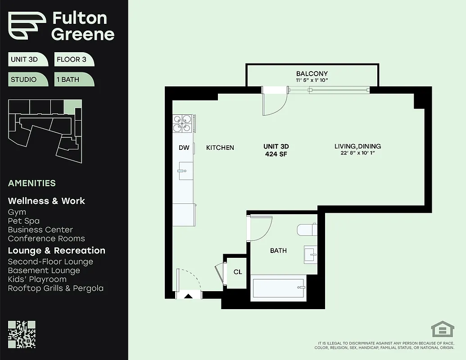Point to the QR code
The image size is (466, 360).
point(22,334)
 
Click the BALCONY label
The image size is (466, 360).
point(312,74)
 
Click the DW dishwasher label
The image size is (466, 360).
point(184,148)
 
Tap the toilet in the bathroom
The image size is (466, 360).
point(307,230)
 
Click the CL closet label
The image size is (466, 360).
point(238,272)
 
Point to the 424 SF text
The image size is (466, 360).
point(276,154)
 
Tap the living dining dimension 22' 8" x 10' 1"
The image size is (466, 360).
point(357,153)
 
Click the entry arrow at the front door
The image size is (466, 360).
point(188,296)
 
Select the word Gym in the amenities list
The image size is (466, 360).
point(17,212)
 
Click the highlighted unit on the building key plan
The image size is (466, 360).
point(72,106)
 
